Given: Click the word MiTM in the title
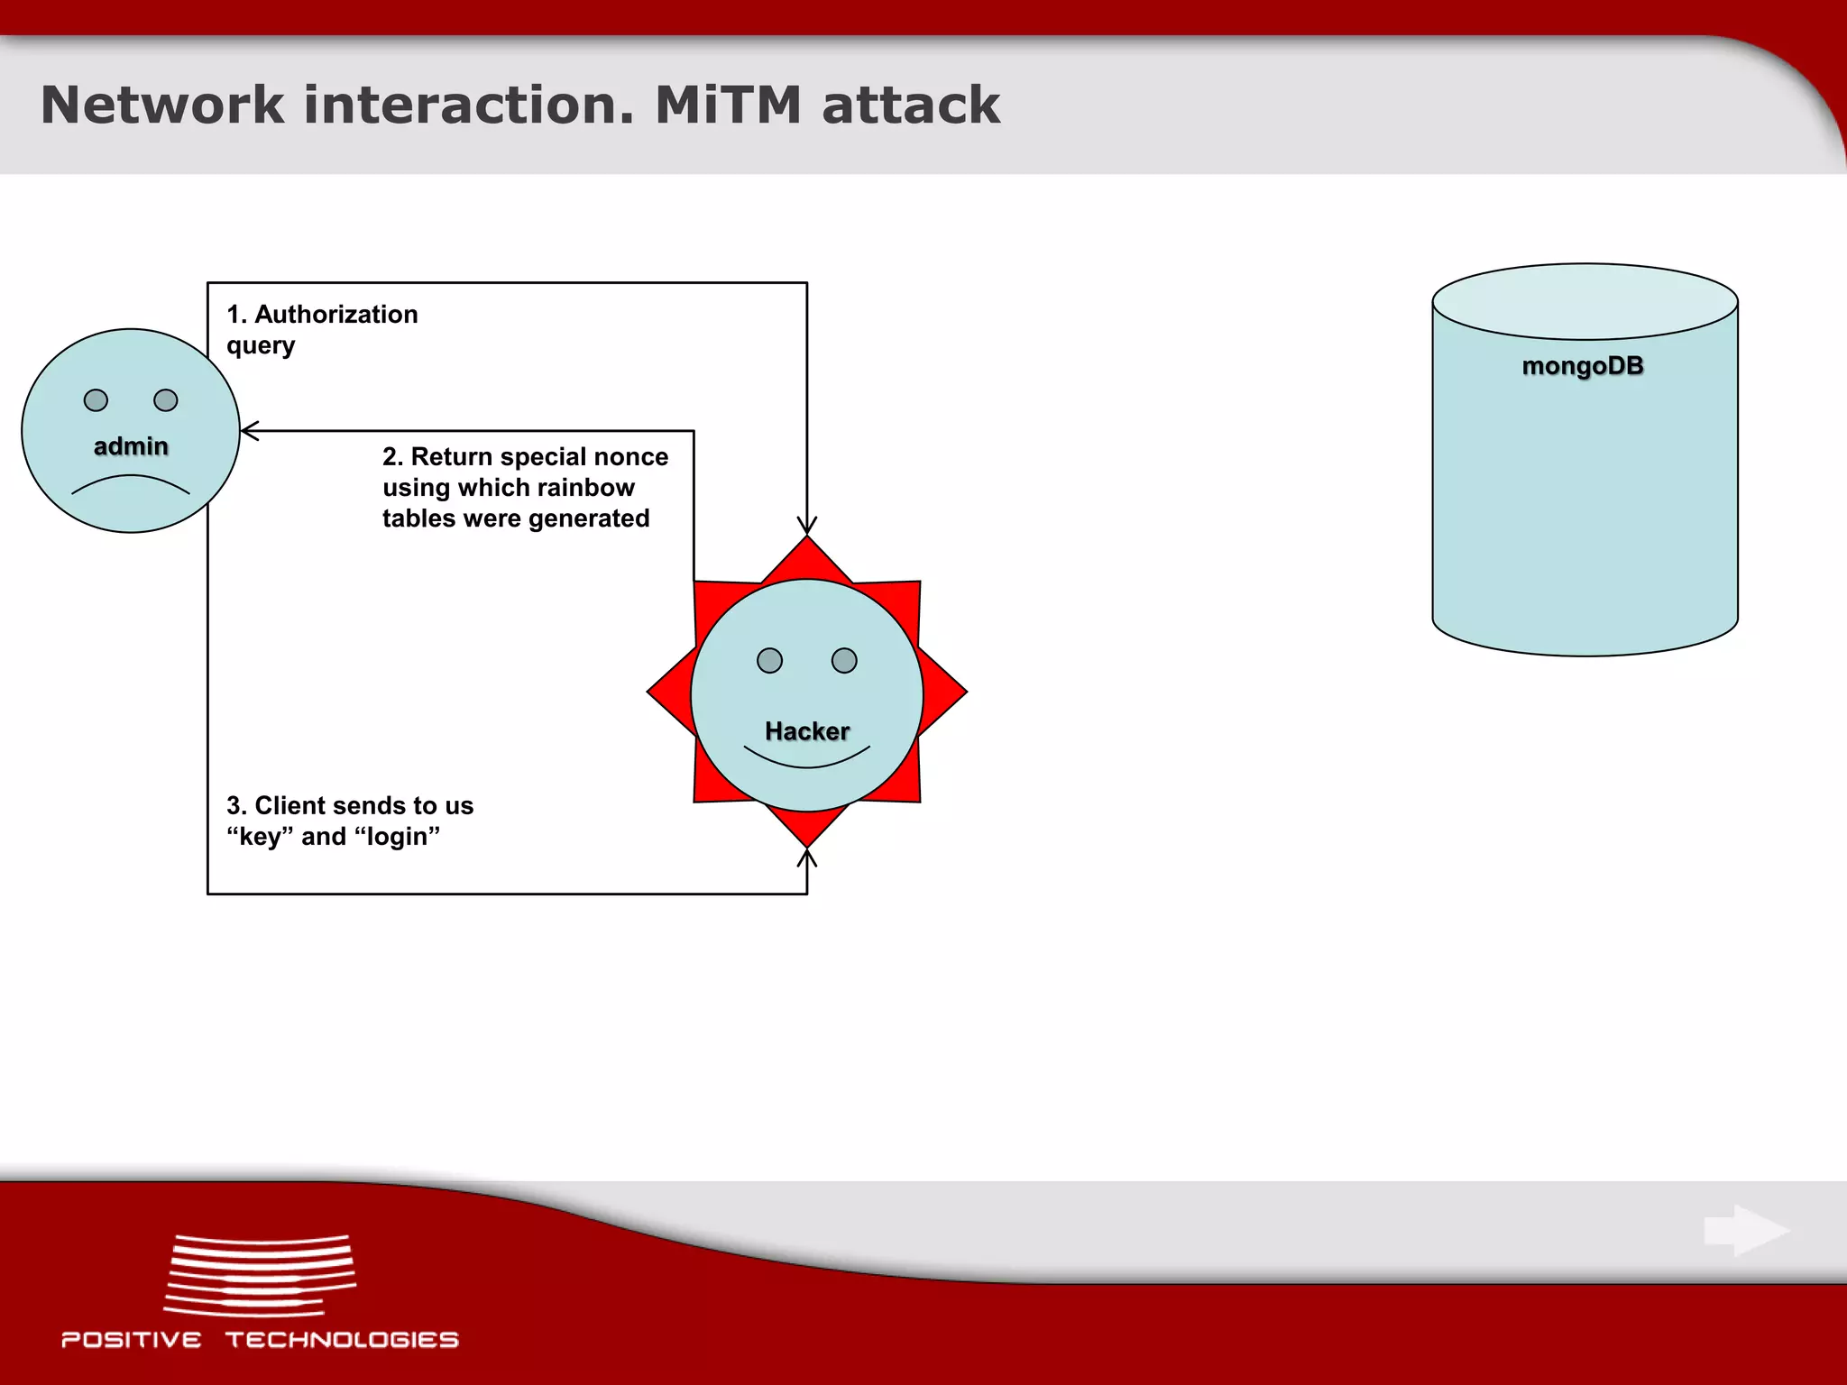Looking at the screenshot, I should click(x=727, y=105).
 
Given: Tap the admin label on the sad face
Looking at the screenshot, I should click(x=131, y=446).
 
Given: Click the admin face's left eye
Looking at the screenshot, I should click(x=96, y=400).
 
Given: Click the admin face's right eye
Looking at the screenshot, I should click(x=166, y=400).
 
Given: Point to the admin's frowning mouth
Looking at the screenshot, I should click(x=131, y=483).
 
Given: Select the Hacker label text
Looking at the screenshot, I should click(x=806, y=731).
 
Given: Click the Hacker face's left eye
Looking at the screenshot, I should click(x=769, y=661).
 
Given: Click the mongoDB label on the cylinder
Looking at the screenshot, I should click(x=1583, y=366).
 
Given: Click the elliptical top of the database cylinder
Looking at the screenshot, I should click(x=1585, y=301).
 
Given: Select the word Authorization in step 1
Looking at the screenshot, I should click(x=335, y=315).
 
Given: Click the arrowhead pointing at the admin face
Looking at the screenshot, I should click(x=250, y=431).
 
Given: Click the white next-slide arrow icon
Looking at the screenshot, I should click(x=1746, y=1230).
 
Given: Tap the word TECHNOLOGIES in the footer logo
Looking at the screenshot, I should click(x=342, y=1340).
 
